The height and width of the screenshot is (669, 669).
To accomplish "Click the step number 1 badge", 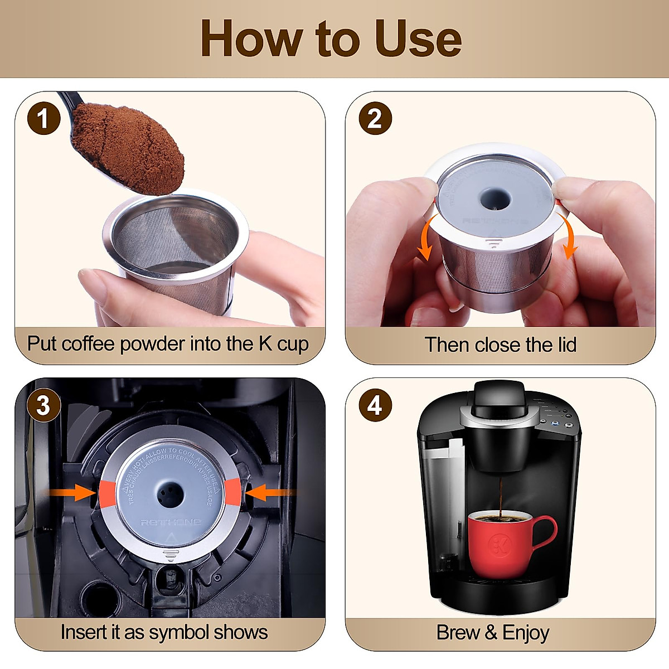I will (x=43, y=119).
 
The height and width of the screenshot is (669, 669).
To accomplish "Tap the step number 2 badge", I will (x=375, y=119).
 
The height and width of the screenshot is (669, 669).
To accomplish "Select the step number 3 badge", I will (x=43, y=405).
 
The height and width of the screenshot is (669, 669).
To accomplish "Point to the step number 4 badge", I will (x=375, y=405).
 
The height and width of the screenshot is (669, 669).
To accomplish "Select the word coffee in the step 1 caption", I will (x=89, y=344).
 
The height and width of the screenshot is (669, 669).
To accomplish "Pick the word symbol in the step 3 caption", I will (x=180, y=632).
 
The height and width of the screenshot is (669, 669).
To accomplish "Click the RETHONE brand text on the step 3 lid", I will (x=171, y=522).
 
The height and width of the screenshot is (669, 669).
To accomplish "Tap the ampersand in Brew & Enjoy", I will (x=491, y=633).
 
